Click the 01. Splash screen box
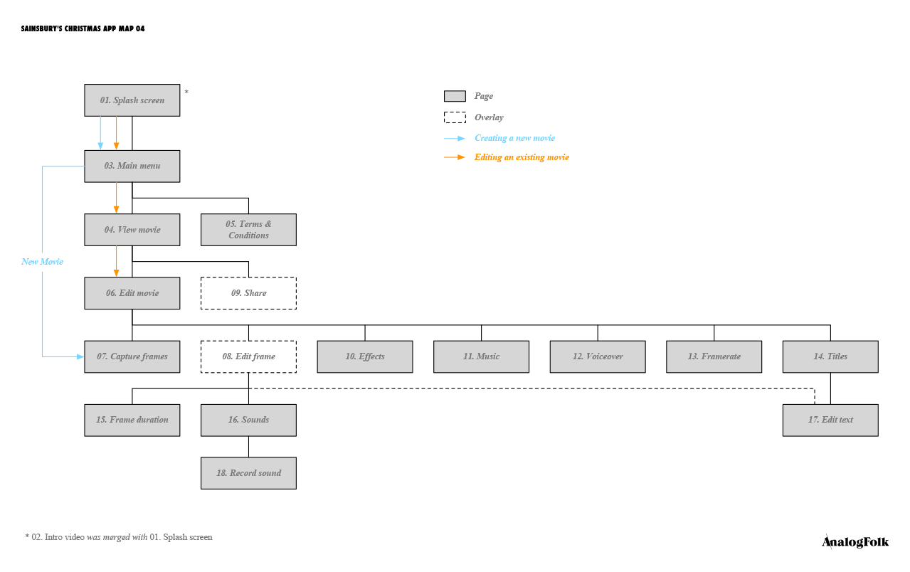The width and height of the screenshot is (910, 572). (x=132, y=100)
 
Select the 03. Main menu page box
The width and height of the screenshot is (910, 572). (x=132, y=166)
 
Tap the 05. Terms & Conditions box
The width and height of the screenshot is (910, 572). (x=248, y=230)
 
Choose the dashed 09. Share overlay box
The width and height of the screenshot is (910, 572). (x=248, y=293)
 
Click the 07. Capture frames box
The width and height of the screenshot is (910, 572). (x=132, y=356)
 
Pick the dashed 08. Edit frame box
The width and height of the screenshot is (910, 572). (x=248, y=356)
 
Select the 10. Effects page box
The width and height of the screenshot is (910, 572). (x=365, y=356)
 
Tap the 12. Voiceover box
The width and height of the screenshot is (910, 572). (x=598, y=356)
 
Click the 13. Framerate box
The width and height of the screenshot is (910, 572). (x=714, y=356)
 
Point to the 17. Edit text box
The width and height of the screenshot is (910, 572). (x=830, y=420)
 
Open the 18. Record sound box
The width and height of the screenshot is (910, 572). (x=248, y=473)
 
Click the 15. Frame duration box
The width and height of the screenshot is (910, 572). (x=132, y=420)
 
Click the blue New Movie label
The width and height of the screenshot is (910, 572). (x=42, y=262)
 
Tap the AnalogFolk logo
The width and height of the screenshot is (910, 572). (x=855, y=542)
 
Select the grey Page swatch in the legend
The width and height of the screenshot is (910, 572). (x=455, y=96)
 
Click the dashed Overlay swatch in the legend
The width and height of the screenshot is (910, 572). (x=455, y=117)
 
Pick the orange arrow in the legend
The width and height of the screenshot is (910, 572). (x=454, y=157)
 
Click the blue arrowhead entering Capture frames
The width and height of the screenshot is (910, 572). (x=80, y=356)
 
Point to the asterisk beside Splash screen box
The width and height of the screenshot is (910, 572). (x=186, y=92)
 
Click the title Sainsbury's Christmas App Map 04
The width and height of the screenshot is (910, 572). (x=83, y=28)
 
